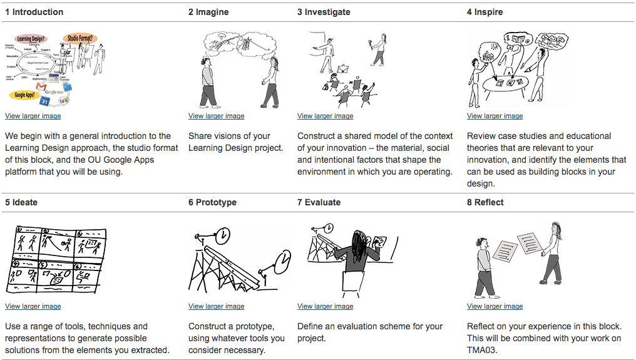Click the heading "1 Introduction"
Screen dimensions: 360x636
coord(34,12)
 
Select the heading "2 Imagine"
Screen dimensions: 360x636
coord(208,12)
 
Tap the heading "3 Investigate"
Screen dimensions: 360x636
coord(324,12)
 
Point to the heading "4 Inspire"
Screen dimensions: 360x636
coord(485,12)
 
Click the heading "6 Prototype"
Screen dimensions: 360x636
coord(212,202)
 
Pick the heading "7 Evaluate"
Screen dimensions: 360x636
coord(319,202)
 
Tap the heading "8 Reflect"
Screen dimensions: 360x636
coord(485,202)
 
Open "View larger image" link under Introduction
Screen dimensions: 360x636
coord(33,116)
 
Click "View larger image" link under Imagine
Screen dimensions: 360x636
coord(216,116)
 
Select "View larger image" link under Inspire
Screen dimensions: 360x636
coord(495,116)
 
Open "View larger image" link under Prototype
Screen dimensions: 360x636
coord(216,306)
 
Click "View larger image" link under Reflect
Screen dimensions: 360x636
coord(495,306)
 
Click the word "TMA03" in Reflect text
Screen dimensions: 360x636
coord(483,350)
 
